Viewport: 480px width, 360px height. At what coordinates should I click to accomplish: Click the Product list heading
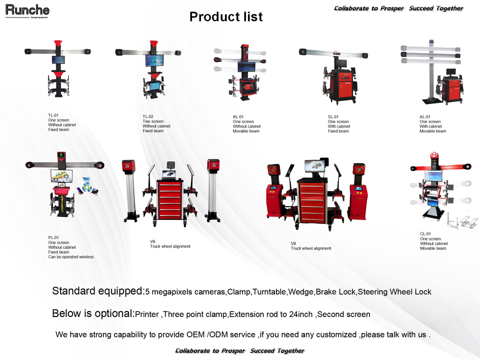pos(226,16)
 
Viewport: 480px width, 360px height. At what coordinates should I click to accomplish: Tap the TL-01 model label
pos(53,115)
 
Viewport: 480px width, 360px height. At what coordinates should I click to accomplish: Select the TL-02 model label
pos(148,116)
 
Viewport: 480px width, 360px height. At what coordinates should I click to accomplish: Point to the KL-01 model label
pos(238,117)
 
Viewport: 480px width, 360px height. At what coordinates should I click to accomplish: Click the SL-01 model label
pos(333,117)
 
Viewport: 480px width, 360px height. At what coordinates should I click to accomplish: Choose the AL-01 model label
pos(425,117)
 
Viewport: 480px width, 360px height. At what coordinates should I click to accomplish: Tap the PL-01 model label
pos(53,237)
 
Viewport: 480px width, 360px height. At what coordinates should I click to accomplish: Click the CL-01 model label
pos(425,234)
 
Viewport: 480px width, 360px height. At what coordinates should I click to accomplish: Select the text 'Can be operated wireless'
pos(71,257)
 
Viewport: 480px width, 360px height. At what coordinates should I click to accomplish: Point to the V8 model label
pos(293,243)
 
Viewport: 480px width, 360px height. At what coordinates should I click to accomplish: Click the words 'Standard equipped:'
pos(98,291)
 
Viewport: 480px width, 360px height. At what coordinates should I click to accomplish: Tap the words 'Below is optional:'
pos(93,314)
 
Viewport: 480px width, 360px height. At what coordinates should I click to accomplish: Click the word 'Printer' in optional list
pos(147,315)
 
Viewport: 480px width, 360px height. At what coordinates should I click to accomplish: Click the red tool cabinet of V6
pos(171,200)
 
